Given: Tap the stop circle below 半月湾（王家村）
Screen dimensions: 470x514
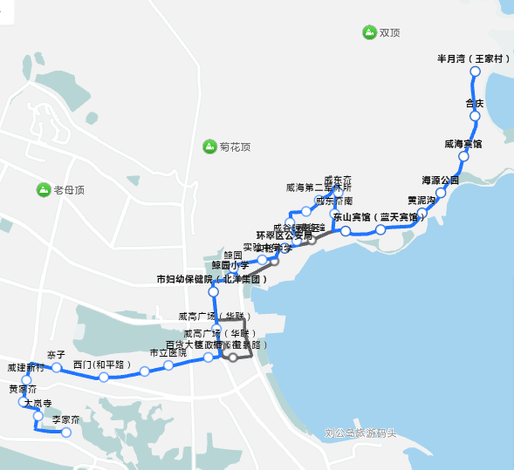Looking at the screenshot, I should pos(476,72).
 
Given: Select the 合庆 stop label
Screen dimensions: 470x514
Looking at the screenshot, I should pos(475,104).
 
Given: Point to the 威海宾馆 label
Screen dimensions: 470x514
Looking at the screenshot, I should pos(463,143).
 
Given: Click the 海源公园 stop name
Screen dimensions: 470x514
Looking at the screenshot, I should pos(440,181).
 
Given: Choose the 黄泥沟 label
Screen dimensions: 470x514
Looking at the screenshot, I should pos(421,201).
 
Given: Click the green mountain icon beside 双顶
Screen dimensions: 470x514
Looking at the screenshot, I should pos(368,33).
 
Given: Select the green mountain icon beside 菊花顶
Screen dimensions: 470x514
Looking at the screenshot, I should pos(209,146).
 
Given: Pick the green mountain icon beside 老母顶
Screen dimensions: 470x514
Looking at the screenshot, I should pos(43,189).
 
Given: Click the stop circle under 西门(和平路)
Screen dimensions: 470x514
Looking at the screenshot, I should pos(104,377).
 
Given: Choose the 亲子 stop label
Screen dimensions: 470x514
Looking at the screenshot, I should pos(56,355).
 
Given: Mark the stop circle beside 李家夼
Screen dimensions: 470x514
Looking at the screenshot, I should pos(65,433).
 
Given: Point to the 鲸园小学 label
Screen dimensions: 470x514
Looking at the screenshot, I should pos(230,264).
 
